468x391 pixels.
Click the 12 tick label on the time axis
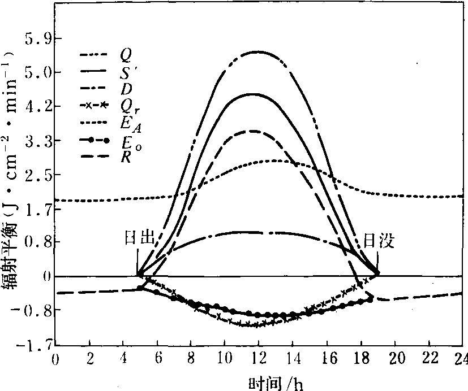click(259, 360)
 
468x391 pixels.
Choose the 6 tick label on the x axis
click(157, 360)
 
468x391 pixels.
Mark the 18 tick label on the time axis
click(360, 360)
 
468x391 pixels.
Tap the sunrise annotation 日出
click(139, 238)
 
